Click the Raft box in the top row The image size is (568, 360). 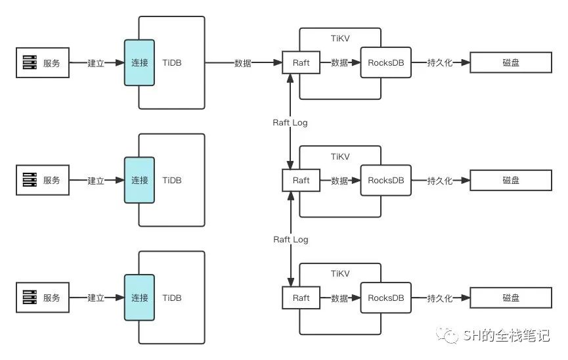(x=301, y=63)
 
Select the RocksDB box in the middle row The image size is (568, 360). (x=385, y=181)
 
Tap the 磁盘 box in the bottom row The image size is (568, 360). (x=511, y=298)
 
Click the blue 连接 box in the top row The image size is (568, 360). (x=139, y=63)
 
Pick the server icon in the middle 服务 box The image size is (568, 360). (x=30, y=181)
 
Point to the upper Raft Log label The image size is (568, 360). (x=290, y=122)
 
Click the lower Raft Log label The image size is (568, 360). (x=290, y=240)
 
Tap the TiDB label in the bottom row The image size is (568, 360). (x=172, y=298)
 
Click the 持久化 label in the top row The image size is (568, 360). (x=440, y=63)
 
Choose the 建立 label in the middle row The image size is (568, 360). (x=96, y=181)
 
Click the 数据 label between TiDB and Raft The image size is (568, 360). (x=243, y=63)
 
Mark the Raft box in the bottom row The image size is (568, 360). (x=301, y=298)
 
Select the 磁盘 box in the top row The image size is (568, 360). (x=511, y=63)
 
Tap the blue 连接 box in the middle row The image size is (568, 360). (x=139, y=181)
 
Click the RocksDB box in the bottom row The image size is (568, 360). (x=385, y=298)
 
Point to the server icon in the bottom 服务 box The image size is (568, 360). (x=30, y=298)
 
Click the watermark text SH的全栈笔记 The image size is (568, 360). (x=506, y=336)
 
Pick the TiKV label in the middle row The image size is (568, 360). (x=339, y=157)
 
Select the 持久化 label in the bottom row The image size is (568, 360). (x=440, y=298)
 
